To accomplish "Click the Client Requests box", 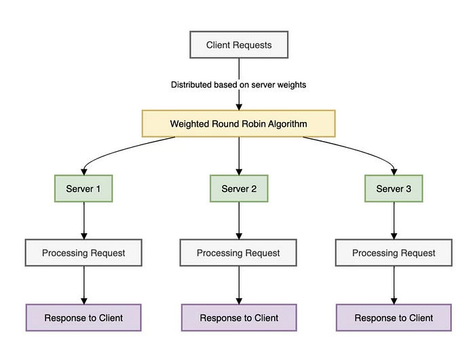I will click(238, 46).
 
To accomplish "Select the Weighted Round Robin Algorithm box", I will click(238, 124).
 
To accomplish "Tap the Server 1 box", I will click(83, 188).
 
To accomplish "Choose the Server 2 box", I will click(238, 188).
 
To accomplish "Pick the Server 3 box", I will click(394, 188).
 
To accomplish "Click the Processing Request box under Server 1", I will click(83, 253).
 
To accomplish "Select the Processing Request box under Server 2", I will click(238, 253).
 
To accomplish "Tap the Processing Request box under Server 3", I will click(394, 253).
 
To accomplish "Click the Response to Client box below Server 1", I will click(83, 317).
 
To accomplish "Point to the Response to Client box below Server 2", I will click(238, 317).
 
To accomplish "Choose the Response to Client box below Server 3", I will click(394, 317).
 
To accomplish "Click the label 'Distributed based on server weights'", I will click(238, 85).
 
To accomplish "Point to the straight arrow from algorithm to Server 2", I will click(238, 156).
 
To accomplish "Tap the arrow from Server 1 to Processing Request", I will click(83, 220).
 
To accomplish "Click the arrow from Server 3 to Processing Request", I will click(394, 220).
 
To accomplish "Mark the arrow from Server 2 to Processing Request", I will click(238, 220).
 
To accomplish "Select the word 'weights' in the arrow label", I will click(290, 85).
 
